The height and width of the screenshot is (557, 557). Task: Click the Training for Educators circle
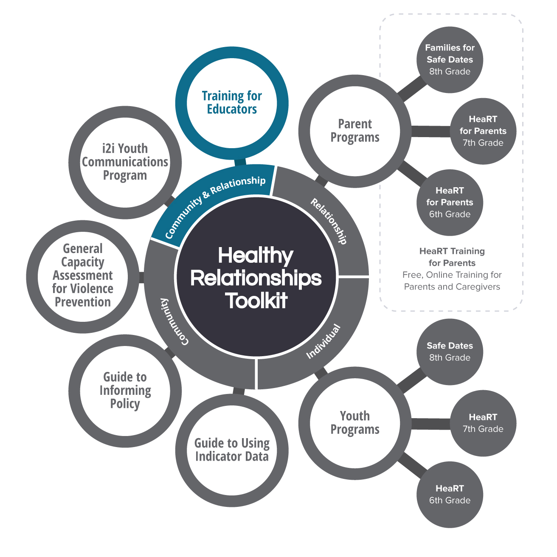[x=232, y=103]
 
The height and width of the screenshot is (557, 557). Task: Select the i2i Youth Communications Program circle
[x=125, y=162]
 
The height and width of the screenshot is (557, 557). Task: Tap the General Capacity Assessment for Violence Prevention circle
[x=83, y=276]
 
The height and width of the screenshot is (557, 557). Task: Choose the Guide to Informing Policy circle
[x=125, y=390]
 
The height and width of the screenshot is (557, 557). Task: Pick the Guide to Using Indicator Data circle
[x=232, y=450]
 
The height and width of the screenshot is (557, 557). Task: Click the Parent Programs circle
[x=355, y=131]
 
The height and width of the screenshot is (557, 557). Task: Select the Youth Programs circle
[x=355, y=423]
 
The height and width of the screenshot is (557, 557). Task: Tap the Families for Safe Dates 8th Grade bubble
[x=450, y=60]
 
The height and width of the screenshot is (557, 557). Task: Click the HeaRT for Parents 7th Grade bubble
[x=483, y=131]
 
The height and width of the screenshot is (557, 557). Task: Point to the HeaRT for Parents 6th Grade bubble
[x=450, y=203]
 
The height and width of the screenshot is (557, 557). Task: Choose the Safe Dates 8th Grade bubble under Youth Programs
[x=450, y=352]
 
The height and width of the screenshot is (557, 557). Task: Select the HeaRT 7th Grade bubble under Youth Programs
[x=483, y=423]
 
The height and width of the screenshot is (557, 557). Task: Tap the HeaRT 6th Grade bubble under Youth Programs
[x=450, y=495]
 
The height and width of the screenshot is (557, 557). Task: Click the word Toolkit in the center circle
[x=256, y=301]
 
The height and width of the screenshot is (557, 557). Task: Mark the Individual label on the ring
[x=324, y=341]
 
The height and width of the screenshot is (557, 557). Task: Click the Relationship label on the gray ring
[x=329, y=221]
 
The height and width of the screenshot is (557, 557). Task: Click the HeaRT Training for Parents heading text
[x=452, y=257]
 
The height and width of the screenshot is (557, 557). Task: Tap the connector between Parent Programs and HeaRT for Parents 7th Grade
[x=430, y=132]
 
